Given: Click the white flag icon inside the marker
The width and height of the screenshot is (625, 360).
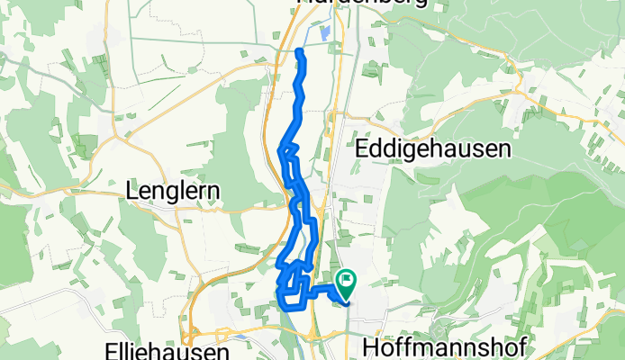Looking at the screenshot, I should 345,281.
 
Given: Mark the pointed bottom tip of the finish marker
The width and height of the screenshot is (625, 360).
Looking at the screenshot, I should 345,298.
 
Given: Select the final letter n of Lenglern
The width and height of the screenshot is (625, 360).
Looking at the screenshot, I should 214,191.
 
